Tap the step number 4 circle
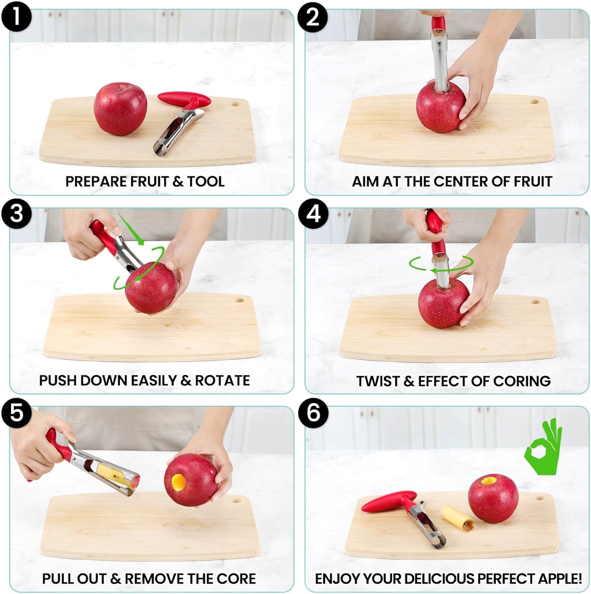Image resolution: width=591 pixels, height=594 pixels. click(x=313, y=214)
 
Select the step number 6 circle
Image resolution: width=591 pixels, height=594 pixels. click(x=313, y=413)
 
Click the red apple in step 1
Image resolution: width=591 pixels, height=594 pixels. click(x=120, y=108)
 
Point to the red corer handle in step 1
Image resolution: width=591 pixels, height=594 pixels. click(x=184, y=99)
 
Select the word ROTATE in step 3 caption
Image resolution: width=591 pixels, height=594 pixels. click(x=222, y=380)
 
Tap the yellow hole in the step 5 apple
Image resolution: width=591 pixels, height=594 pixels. click(x=179, y=482)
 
